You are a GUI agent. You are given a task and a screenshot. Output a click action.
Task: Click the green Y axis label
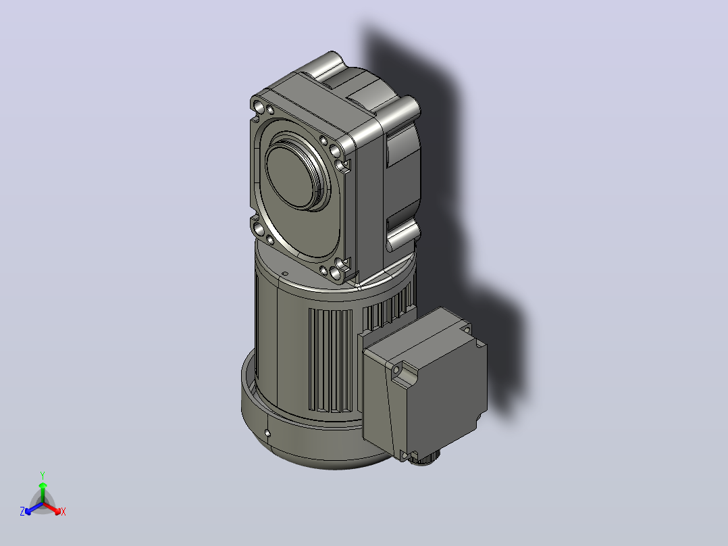(43, 476)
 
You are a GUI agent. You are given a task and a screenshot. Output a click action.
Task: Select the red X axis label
(63, 512)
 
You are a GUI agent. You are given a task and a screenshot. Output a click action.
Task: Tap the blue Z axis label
(22, 512)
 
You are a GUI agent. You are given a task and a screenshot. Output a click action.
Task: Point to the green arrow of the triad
(43, 493)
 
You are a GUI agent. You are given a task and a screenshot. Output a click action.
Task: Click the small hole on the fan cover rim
(267, 433)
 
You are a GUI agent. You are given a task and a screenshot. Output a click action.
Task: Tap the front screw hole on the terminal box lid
(396, 370)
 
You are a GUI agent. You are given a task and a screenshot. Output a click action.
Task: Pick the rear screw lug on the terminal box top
(466, 328)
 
